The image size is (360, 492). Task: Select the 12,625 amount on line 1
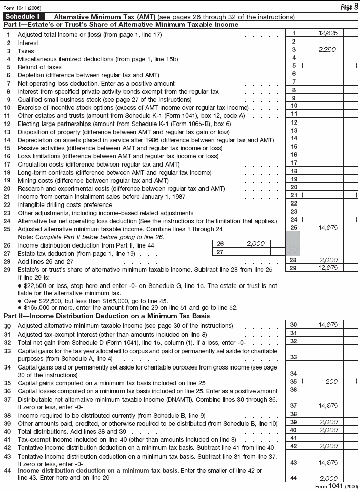pyautogui.click(x=328, y=33)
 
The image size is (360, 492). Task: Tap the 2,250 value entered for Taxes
pyautogui.click(x=328, y=50)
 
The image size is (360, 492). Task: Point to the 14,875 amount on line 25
pyautogui.click(x=328, y=228)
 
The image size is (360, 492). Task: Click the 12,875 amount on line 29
pyautogui.click(x=328, y=268)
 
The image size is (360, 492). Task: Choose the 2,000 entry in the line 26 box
pyautogui.click(x=256, y=243)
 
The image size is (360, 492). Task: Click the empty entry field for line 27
pyautogui.click(x=248, y=252)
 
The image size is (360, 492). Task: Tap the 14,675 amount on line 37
pyautogui.click(x=328, y=405)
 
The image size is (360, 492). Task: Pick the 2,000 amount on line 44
pyautogui.click(x=328, y=478)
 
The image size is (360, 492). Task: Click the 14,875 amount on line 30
pyautogui.click(x=328, y=325)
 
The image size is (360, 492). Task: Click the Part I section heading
pyautogui.click(x=121, y=24)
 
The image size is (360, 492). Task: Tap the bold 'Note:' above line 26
pyautogui.click(x=26, y=237)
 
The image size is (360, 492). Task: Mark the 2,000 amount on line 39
pyautogui.click(x=328, y=422)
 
